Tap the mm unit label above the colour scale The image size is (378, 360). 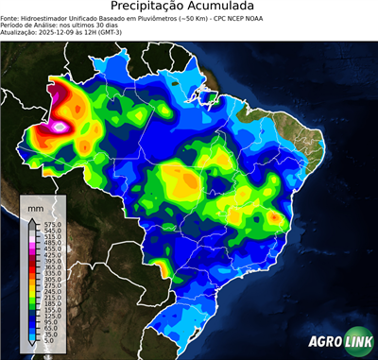point(35,206)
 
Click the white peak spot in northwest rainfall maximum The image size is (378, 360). point(61,125)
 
